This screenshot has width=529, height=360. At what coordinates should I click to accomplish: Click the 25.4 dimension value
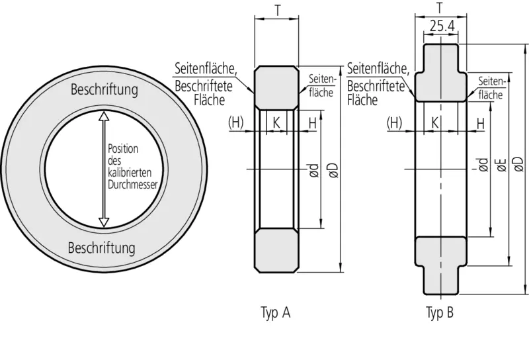click(442, 26)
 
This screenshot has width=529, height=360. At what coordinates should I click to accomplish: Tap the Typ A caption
click(275, 313)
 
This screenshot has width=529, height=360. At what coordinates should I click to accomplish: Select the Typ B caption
click(440, 313)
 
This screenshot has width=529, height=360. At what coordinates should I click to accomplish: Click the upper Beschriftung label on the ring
click(104, 90)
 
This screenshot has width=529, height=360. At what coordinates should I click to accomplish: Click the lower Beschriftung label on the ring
click(102, 248)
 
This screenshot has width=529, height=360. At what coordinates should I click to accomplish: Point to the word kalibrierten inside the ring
click(130, 173)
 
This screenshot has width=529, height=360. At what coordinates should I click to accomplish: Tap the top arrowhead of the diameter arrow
click(104, 116)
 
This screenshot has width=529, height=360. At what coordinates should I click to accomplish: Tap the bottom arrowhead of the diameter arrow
click(104, 222)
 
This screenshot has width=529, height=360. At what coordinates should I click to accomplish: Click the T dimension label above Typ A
click(277, 11)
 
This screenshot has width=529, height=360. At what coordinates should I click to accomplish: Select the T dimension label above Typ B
click(440, 8)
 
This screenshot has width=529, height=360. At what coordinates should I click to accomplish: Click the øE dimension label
click(502, 165)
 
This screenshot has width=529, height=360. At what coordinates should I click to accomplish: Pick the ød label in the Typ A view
click(313, 170)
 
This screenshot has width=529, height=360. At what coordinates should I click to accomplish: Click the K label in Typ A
click(276, 123)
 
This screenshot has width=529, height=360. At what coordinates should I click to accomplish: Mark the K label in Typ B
click(435, 123)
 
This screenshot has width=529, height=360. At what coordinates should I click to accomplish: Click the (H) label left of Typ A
click(236, 122)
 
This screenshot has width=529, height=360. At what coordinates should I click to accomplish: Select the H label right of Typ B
click(481, 124)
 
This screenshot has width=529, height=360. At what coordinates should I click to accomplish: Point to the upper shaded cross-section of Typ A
click(276, 88)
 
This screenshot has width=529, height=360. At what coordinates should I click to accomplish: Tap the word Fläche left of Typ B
click(362, 100)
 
